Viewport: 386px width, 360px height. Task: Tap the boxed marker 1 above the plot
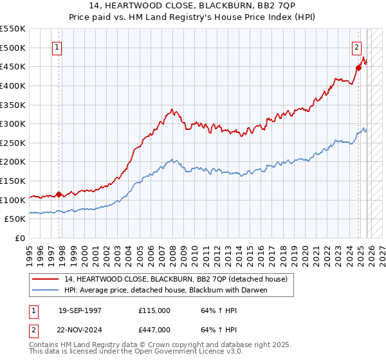pyautogui.click(x=58, y=47)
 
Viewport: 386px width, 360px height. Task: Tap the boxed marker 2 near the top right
pyautogui.click(x=356, y=47)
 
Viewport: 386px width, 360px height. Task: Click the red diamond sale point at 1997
pyautogui.click(x=59, y=194)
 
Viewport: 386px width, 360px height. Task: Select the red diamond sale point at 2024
pyautogui.click(x=358, y=67)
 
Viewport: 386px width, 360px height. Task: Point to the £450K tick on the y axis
pyautogui.click(x=13, y=66)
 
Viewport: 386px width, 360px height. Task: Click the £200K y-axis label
pyautogui.click(x=13, y=161)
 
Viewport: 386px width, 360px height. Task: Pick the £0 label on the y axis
pyautogui.click(x=19, y=238)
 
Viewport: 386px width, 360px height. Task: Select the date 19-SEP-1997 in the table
pyautogui.click(x=80, y=310)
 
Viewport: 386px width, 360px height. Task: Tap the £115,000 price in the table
pyautogui.click(x=154, y=310)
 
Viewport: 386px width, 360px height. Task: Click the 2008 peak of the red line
pyautogui.click(x=172, y=109)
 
